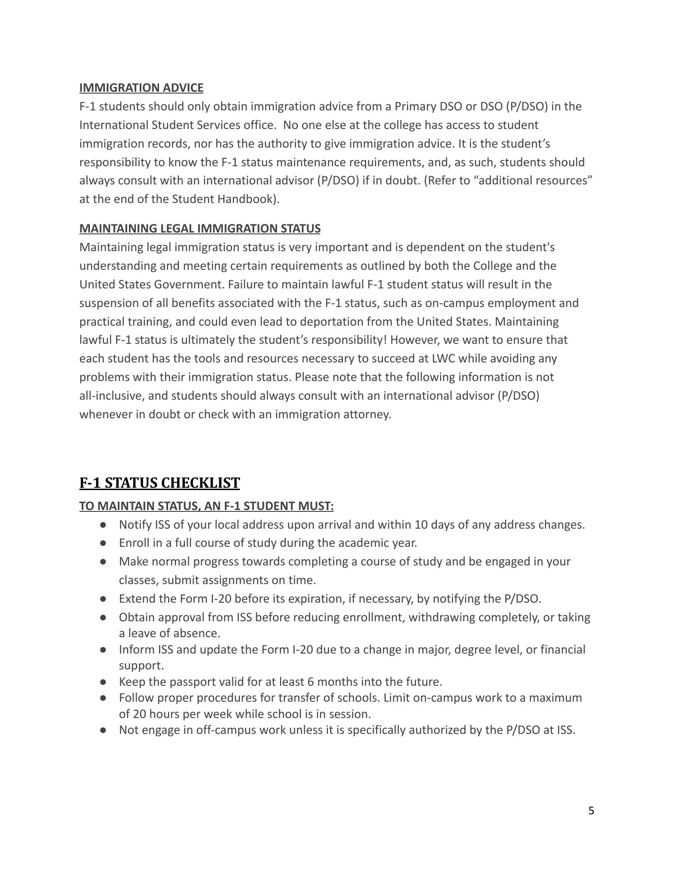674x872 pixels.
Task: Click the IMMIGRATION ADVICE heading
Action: [x=141, y=88]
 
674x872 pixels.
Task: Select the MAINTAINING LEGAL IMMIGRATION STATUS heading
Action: [x=200, y=228]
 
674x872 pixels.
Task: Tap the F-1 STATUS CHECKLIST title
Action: [x=159, y=483]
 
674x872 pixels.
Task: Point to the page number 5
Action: [x=591, y=811]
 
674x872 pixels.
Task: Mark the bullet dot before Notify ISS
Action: [x=104, y=525]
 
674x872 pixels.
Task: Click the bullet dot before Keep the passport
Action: [x=104, y=682]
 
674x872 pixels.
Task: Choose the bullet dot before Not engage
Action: [x=104, y=730]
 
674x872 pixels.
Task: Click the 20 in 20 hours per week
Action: [x=126, y=714]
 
